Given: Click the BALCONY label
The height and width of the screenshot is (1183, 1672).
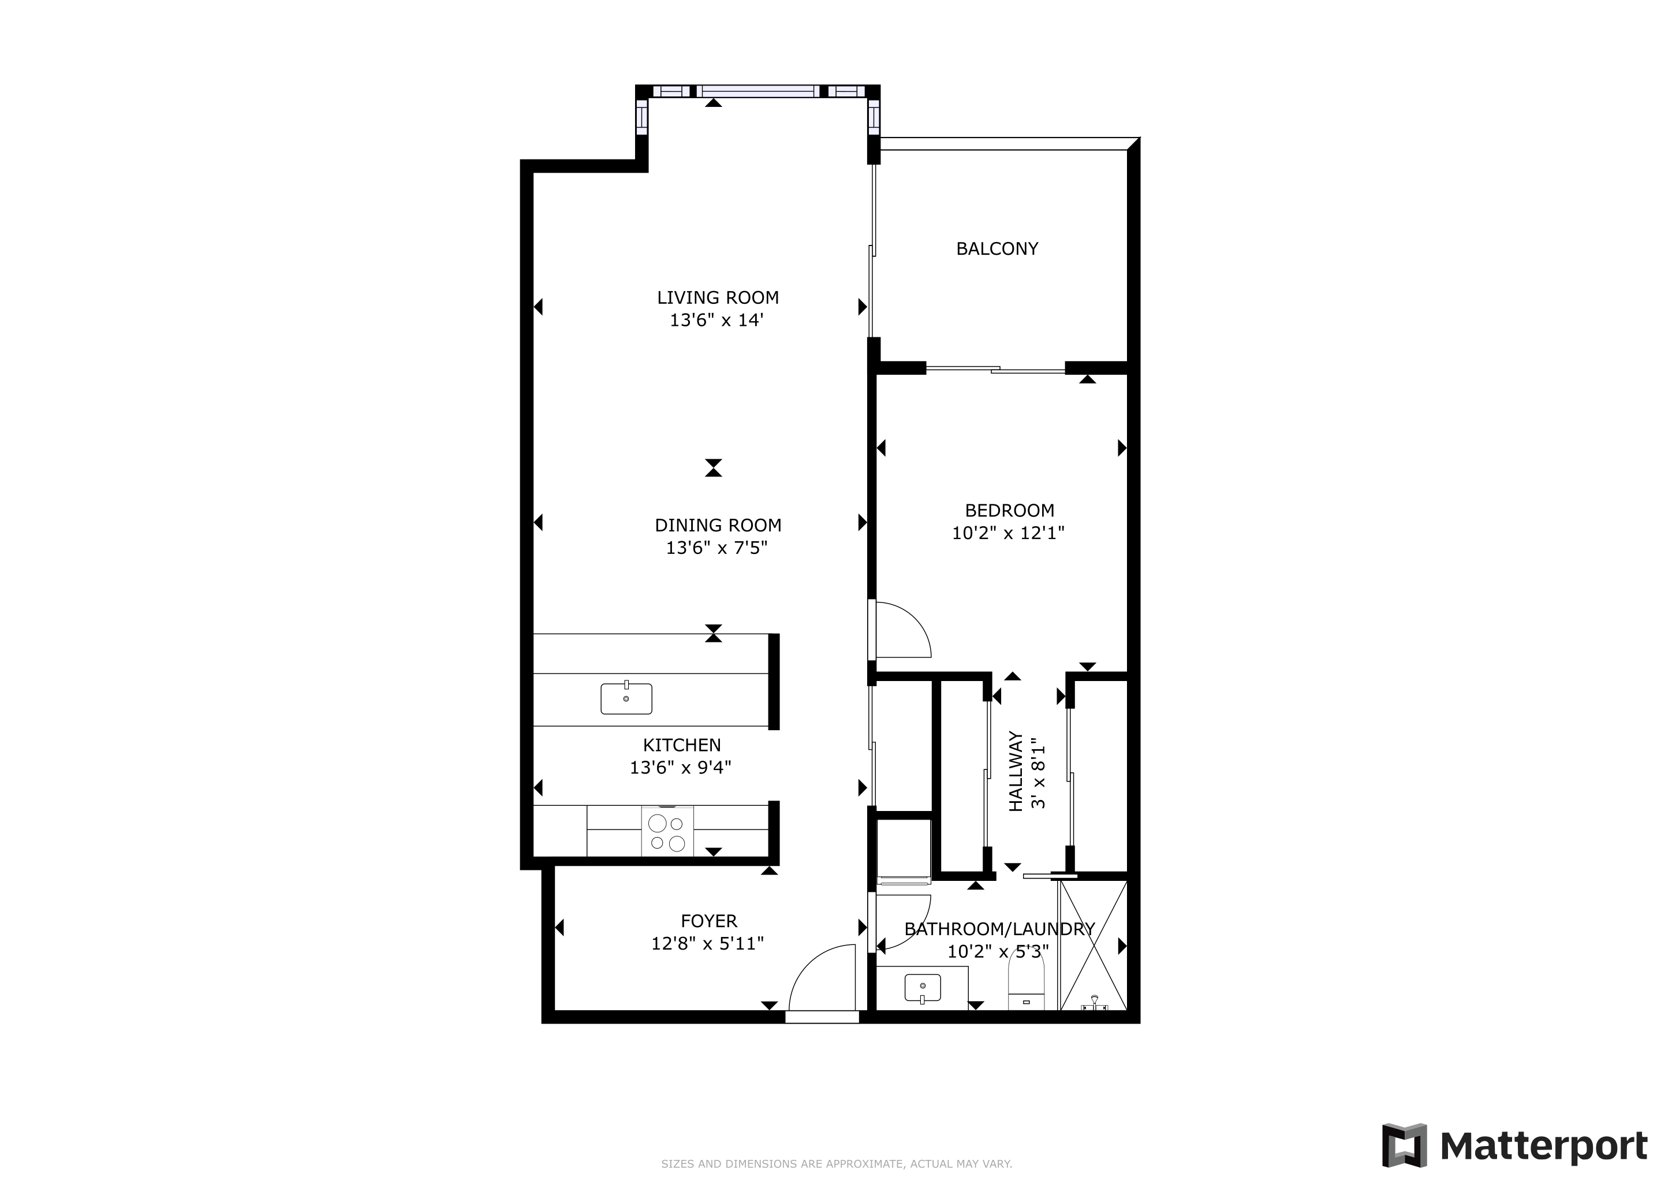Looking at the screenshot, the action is tap(997, 249).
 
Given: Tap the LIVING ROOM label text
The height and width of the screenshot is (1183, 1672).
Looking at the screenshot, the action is tap(718, 298).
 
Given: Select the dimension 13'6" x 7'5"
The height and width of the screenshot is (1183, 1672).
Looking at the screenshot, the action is tap(717, 548).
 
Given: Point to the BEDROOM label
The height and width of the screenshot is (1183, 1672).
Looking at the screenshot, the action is tap(1009, 511).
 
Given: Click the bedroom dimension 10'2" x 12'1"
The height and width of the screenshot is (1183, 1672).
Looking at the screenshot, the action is tap(1009, 533).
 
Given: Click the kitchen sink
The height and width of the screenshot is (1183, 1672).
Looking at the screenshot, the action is tap(626, 698).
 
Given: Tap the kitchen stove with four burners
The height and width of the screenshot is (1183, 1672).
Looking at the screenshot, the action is tap(667, 832).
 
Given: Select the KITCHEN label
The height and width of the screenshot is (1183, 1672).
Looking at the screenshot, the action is tap(682, 745).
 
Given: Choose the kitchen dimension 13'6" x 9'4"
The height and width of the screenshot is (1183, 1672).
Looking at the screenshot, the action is tap(681, 768).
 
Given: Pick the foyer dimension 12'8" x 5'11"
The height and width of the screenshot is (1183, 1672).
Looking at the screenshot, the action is tap(708, 944).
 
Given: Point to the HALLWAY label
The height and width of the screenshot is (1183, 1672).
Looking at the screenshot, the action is tap(1016, 772).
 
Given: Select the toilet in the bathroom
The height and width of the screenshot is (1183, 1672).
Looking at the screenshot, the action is tap(1026, 983).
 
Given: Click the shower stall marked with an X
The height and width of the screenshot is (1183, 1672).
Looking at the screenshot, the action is tap(1093, 945).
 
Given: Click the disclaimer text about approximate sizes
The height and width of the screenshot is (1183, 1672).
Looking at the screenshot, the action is tap(836, 1164).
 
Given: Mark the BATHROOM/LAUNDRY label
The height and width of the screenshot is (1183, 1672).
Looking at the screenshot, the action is tap(999, 929).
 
